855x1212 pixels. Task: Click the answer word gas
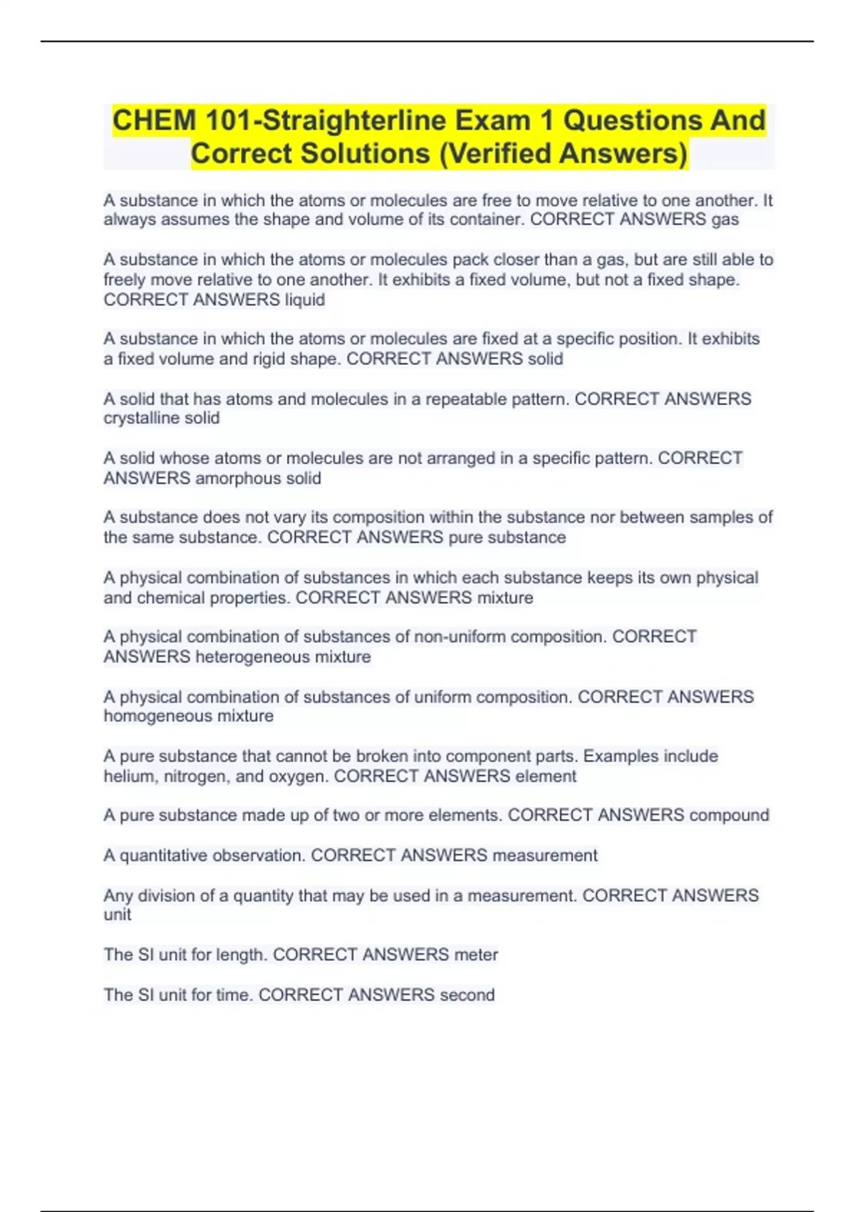pos(725,220)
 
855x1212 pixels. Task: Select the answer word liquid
pos(305,299)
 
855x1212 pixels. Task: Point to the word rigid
pos(271,359)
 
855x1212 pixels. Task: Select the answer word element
pos(546,776)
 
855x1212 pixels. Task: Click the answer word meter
pos(476,954)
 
